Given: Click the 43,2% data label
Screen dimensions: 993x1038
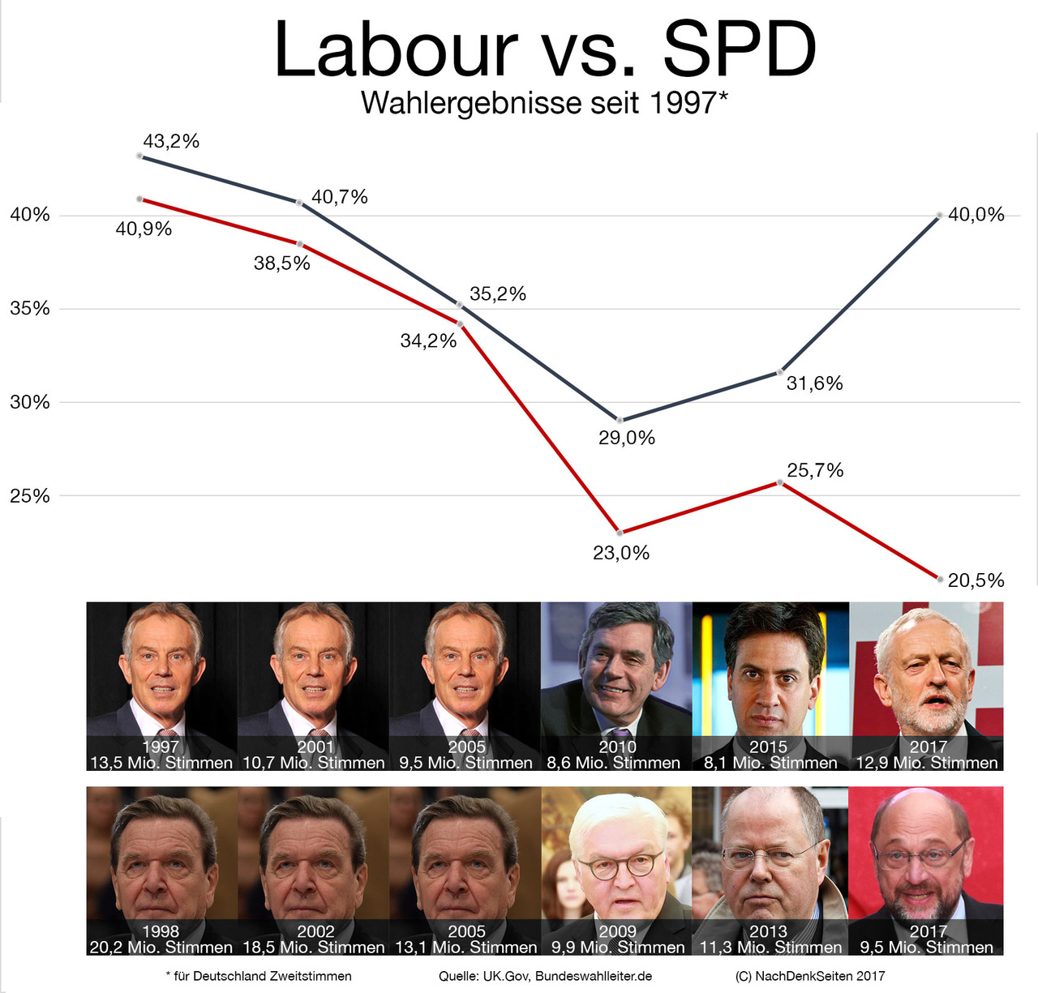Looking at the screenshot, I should [x=171, y=141].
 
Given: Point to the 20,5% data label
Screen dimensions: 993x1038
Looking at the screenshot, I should [x=976, y=580].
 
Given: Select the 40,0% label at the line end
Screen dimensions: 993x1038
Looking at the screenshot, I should [x=976, y=215].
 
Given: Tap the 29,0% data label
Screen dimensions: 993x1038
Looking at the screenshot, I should [x=627, y=438].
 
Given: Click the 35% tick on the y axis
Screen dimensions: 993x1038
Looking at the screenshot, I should [x=30, y=309].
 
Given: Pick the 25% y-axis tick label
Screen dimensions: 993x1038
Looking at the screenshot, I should [x=30, y=496].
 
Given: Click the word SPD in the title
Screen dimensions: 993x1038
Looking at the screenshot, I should [x=739, y=50].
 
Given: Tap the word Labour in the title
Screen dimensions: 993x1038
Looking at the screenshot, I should [x=396, y=50].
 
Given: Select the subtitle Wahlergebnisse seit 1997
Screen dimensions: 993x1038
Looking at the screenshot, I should [x=544, y=103].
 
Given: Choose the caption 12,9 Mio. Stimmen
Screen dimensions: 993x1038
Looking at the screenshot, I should [x=927, y=763].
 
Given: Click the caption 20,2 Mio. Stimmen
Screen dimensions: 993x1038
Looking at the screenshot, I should [x=161, y=947].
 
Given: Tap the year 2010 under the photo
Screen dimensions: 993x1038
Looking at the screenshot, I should [x=617, y=747].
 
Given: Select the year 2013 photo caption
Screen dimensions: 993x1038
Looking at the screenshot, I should [x=768, y=931].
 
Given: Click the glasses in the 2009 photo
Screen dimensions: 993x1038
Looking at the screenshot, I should [x=617, y=866].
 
